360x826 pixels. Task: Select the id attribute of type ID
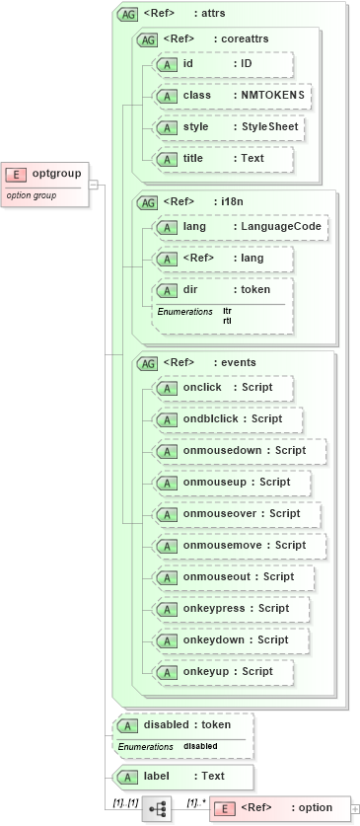pos(223,64)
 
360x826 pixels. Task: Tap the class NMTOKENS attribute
pos(233,96)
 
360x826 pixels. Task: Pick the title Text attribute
pos(223,159)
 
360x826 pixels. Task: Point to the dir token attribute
pos(223,290)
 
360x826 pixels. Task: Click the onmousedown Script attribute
pos(240,451)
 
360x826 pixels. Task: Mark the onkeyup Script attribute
pos(223,672)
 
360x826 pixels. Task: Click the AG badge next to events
pos(146,363)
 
